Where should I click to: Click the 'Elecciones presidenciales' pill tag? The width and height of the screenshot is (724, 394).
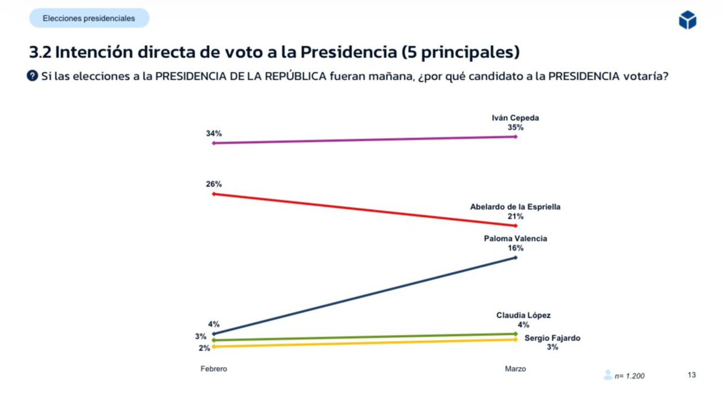point(89,19)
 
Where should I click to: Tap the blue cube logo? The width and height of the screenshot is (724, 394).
point(687,21)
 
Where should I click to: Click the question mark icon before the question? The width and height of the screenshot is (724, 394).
point(33,76)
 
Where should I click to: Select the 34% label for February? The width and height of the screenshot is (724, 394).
point(214,133)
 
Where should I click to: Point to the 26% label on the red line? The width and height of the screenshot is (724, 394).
point(214,183)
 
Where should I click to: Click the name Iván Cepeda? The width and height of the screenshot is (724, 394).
point(515,118)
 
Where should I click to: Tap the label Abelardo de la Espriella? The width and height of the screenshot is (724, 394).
point(515,206)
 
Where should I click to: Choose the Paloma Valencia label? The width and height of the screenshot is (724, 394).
point(515,238)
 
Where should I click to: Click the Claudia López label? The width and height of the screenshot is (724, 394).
point(515,315)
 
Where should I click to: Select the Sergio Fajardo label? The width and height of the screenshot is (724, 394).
point(552,338)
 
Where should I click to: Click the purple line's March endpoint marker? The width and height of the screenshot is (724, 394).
point(516,137)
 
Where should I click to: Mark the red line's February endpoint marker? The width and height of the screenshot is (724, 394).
point(214,194)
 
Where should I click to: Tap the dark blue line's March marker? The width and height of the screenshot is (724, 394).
point(516,258)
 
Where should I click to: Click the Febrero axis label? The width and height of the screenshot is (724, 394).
point(214,369)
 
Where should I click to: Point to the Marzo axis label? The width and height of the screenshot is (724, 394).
point(515,369)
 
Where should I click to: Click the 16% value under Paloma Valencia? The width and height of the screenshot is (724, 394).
point(515,248)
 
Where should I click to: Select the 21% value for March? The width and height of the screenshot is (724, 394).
point(515,216)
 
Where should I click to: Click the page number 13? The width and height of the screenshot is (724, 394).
point(691,375)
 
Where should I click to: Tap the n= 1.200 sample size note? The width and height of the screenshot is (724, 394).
point(629,376)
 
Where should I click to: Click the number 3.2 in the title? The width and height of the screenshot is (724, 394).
point(40,52)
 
